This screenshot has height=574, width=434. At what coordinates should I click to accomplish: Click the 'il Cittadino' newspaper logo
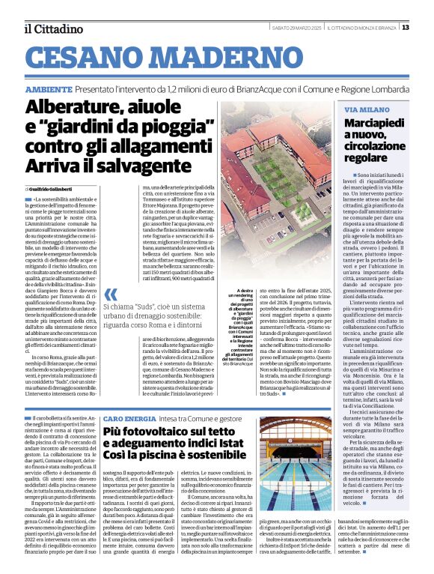point(52,28)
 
